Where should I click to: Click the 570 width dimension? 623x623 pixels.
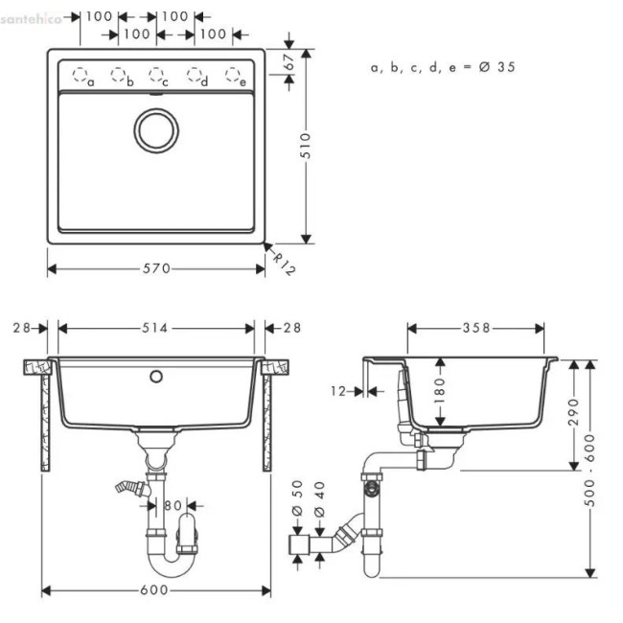pos(156,269)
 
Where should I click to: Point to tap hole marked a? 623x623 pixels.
pos(81,75)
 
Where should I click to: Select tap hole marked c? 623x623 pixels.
pos(155,75)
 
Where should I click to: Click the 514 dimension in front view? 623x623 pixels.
pos(156,328)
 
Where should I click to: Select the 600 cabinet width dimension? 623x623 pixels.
pos(156,590)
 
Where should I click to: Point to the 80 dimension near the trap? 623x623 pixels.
pos(173,504)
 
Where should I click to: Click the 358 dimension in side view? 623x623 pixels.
pos(475,328)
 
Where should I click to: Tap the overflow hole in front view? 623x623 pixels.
pos(154,376)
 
